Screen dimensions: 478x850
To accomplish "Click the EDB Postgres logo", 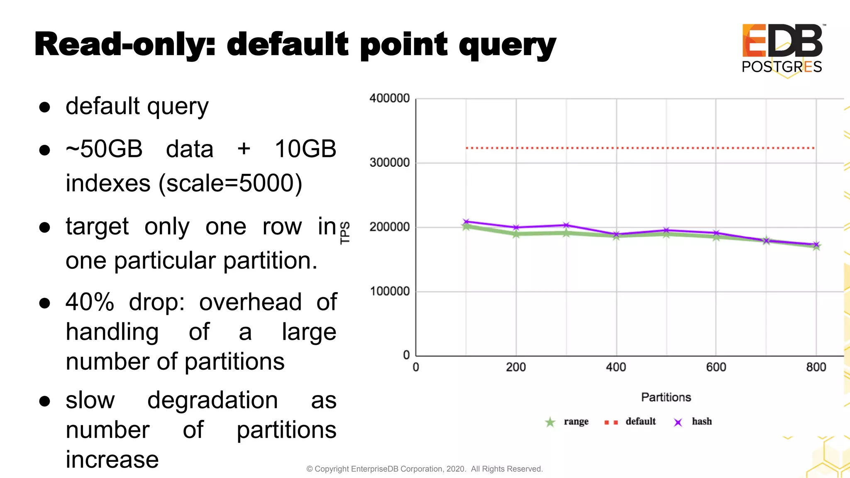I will [x=782, y=49].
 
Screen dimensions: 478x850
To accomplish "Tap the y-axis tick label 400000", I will [x=389, y=98].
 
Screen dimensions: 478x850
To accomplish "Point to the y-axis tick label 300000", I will [x=389, y=163].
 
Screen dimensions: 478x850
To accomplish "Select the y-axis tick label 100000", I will [x=389, y=291].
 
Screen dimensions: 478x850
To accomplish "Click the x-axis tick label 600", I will [x=716, y=367].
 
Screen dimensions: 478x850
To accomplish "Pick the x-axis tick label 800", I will [x=816, y=367].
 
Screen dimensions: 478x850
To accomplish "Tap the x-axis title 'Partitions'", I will [x=666, y=398].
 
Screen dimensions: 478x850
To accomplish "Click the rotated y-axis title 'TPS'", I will [x=345, y=233].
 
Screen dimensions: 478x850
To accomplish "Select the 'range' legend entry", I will [x=576, y=422].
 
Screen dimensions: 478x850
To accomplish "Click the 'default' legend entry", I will [x=640, y=422].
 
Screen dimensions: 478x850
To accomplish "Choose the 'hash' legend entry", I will [x=701, y=422].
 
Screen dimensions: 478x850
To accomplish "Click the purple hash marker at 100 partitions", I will [x=466, y=222].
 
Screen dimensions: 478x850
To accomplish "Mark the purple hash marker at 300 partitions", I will [x=566, y=225].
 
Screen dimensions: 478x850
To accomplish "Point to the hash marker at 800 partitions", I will [x=816, y=244].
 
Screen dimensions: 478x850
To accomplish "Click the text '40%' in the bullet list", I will [x=90, y=302].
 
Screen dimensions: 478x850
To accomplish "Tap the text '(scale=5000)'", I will [x=230, y=183].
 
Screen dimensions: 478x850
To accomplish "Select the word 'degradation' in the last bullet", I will [x=212, y=400].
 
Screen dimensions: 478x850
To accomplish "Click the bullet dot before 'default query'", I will [x=44, y=107].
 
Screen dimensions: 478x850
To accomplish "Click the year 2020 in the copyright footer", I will [x=455, y=469].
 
